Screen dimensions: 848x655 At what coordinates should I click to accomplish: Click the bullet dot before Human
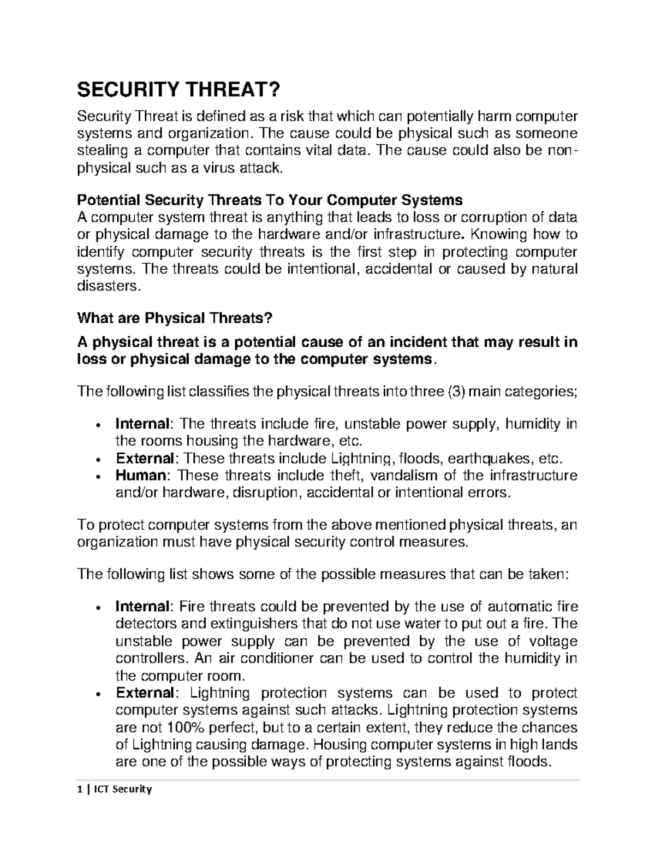[x=97, y=476]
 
